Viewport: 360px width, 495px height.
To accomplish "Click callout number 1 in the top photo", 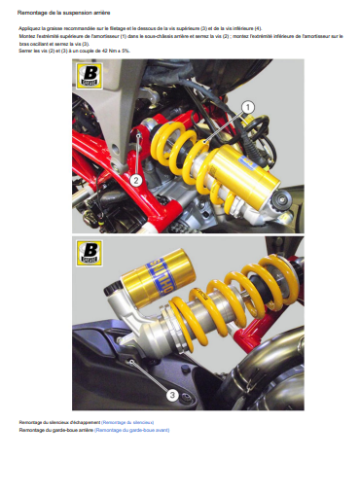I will [247, 107].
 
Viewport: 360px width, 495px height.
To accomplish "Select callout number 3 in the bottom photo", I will [172, 395].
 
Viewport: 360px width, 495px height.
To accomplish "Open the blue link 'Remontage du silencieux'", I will [127, 422].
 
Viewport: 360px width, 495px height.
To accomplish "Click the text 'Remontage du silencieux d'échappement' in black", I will [59, 422].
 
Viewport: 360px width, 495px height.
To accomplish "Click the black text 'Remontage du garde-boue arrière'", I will [54, 429].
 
